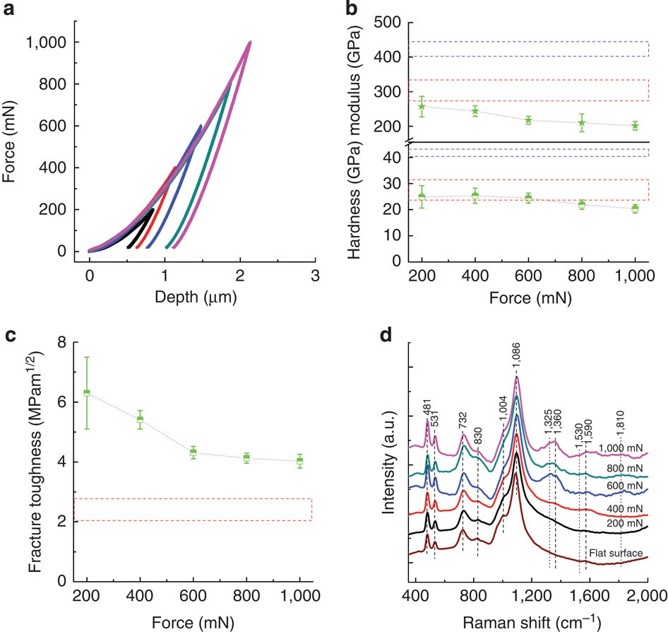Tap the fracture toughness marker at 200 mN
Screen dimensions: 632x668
tap(87, 392)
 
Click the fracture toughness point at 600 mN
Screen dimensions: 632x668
tap(193, 452)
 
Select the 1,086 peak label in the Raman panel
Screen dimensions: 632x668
tap(518, 363)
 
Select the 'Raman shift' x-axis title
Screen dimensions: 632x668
tap(529, 622)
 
